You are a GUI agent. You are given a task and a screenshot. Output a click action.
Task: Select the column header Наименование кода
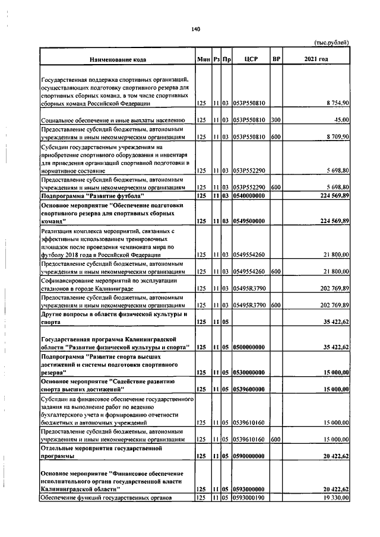pyautogui.click(x=118, y=59)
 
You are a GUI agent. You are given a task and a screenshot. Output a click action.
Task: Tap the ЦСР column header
pyautogui.click(x=249, y=59)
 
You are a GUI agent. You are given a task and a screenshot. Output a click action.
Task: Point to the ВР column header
pyautogui.click(x=275, y=59)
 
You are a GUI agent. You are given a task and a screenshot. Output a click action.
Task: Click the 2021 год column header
pyautogui.click(x=316, y=59)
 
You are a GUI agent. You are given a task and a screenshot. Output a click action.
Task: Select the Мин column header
pyautogui.click(x=202, y=59)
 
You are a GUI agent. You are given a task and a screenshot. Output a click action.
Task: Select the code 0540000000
pyautogui.click(x=249, y=195)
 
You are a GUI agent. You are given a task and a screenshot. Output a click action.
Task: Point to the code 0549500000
pyautogui.click(x=249, y=220)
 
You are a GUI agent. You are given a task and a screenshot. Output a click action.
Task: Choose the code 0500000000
pyautogui.click(x=249, y=347)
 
